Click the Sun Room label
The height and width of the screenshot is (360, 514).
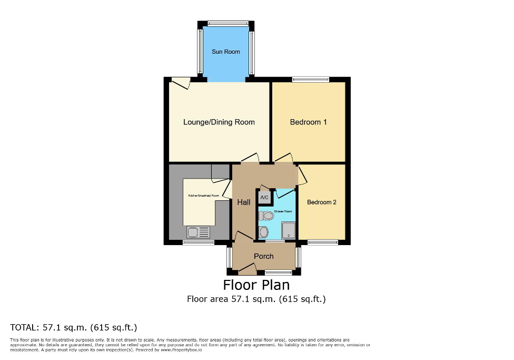click(225, 52)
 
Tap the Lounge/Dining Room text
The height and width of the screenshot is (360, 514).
click(219, 122)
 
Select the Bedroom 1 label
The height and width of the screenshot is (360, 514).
click(308, 122)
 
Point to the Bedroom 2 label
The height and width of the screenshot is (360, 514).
click(321, 202)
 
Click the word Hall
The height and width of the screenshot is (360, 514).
click(243, 202)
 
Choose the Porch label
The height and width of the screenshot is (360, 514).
click(264, 256)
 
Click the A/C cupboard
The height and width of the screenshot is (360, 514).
click(264, 197)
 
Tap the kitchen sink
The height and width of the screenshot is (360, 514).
click(197, 232)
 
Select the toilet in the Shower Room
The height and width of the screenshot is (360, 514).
click(267, 216)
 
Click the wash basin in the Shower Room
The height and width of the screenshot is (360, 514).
click(264, 232)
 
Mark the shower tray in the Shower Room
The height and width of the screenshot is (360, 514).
click(288, 230)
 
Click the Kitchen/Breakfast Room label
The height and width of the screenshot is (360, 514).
click(203, 196)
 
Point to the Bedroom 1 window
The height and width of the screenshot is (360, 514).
click(311, 80)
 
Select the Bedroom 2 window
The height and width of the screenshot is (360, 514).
click(322, 242)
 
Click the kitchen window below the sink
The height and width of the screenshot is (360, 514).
click(199, 242)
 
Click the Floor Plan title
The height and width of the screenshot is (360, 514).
click(256, 285)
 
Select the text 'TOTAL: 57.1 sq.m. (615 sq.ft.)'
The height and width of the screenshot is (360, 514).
click(74, 327)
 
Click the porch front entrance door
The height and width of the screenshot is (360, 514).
click(247, 270)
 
